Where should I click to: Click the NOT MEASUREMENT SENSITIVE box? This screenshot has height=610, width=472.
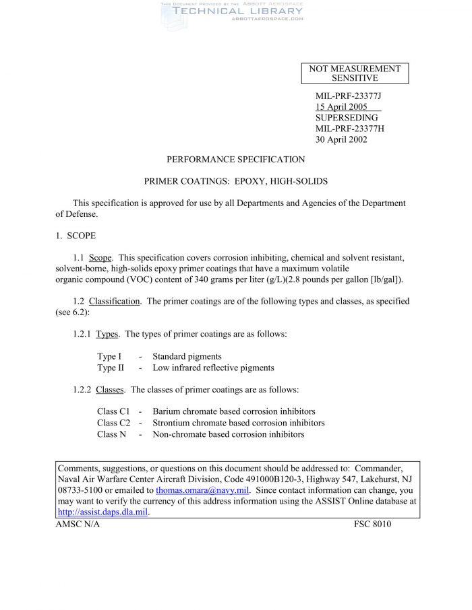[x=355, y=73]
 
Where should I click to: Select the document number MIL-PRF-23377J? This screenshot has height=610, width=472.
[x=349, y=96]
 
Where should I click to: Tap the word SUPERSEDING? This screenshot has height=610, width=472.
[x=347, y=118]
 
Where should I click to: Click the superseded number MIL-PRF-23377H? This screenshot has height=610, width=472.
[x=349, y=129]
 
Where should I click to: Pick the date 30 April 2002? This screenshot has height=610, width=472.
[x=341, y=139]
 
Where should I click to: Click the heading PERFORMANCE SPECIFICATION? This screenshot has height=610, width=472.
[x=235, y=160]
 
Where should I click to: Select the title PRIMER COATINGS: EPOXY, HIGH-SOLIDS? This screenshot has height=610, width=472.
[x=236, y=182]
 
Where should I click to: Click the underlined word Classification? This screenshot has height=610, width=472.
[x=114, y=302]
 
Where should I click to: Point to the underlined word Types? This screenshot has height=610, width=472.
[x=107, y=334]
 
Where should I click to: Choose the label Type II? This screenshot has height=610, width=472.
[x=111, y=368]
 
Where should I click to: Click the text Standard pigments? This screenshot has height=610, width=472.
[x=187, y=356]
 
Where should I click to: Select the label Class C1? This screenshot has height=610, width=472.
[x=113, y=411]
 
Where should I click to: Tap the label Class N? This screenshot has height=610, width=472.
[x=111, y=434]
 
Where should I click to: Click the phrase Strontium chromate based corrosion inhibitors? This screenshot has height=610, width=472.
[x=238, y=423]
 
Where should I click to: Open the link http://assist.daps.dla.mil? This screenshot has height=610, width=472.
[x=102, y=512]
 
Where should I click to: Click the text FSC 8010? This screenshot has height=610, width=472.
[x=372, y=524]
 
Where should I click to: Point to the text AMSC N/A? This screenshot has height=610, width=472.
[x=78, y=524]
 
